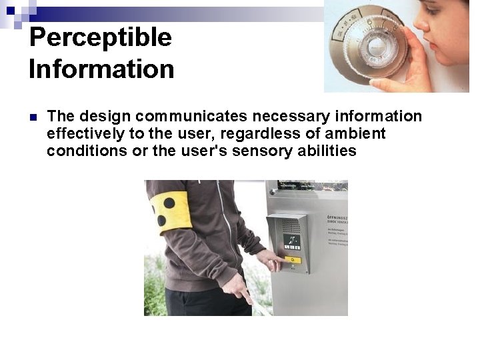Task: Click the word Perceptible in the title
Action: (100, 38)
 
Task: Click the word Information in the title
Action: (101, 69)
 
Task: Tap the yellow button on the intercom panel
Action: (292, 260)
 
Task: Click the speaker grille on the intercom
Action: (291, 225)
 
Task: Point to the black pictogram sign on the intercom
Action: (292, 242)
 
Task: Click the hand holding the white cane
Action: (236, 287)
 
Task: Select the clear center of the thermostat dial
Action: (377, 47)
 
